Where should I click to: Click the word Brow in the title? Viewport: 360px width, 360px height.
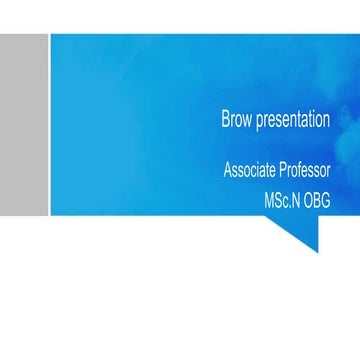(x=237, y=121)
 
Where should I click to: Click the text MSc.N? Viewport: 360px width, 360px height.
(x=282, y=201)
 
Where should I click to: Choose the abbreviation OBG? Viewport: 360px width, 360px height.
(x=317, y=201)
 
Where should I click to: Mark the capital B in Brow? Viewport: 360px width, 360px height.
(x=225, y=121)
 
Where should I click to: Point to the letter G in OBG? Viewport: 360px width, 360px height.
(x=325, y=201)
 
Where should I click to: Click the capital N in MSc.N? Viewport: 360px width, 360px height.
(x=296, y=201)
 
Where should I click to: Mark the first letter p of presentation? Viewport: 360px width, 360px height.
(x=260, y=123)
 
